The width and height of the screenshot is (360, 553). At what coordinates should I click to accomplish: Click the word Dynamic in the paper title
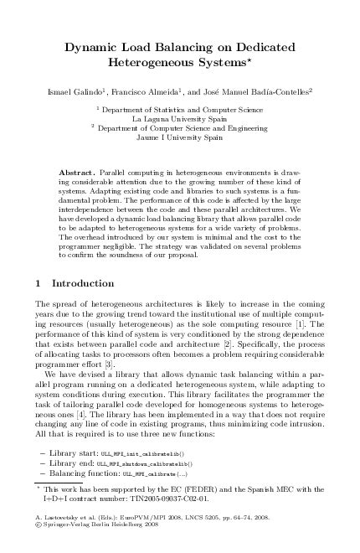[x=93, y=48]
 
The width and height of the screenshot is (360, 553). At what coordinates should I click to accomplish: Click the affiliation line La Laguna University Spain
[x=179, y=118]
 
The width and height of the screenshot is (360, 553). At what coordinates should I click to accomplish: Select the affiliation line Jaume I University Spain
[x=179, y=137]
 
